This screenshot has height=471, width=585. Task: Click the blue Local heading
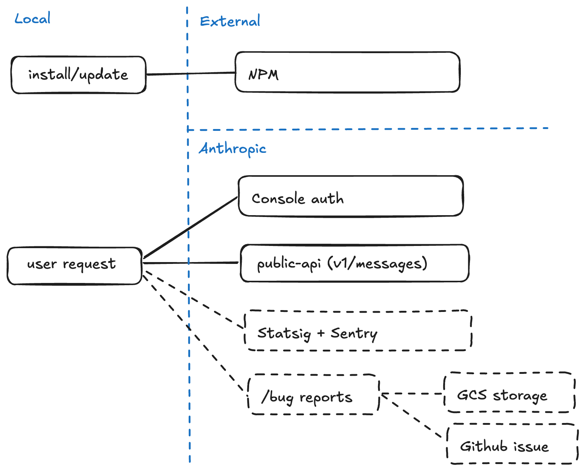pyautogui.click(x=32, y=19)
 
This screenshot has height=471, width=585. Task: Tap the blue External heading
pyautogui.click(x=230, y=21)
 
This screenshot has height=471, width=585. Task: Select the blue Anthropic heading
pyautogui.click(x=232, y=149)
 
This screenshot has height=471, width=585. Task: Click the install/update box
pyautogui.click(x=78, y=75)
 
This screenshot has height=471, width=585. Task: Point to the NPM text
pyautogui.click(x=263, y=75)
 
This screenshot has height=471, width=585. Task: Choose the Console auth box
pyautogui.click(x=351, y=196)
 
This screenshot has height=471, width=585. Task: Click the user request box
pyautogui.click(x=74, y=266)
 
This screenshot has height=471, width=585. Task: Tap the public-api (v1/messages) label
pyautogui.click(x=342, y=264)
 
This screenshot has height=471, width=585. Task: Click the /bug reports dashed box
pyautogui.click(x=313, y=395)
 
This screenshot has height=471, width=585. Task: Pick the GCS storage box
pyautogui.click(x=509, y=393)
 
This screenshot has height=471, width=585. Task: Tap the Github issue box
pyautogui.click(x=512, y=444)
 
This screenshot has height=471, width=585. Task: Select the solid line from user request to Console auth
pyautogui.click(x=190, y=228)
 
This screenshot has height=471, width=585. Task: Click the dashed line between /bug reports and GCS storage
pyautogui.click(x=412, y=394)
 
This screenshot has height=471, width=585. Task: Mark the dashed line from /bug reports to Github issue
pyautogui.click(x=412, y=416)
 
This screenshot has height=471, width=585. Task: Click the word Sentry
pyautogui.click(x=354, y=334)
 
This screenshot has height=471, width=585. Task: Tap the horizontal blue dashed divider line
pyautogui.click(x=366, y=129)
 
